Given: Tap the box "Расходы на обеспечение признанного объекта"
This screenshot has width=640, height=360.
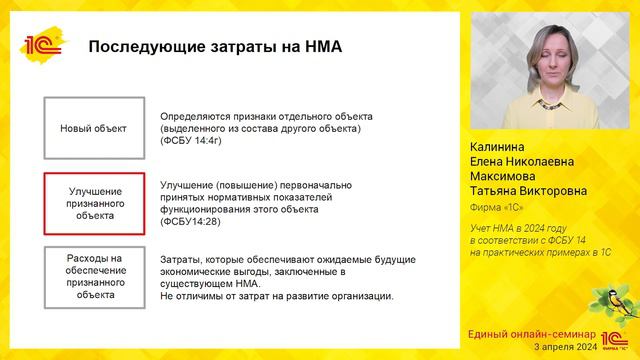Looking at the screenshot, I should pyautogui.click(x=95, y=275).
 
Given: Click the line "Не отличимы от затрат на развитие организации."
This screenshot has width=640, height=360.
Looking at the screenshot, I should pyautogui.click(x=277, y=295).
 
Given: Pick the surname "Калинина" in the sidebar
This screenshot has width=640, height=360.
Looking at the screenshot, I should pyautogui.click(x=497, y=146).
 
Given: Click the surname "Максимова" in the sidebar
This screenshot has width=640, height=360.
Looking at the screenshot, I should pyautogui.click(x=501, y=176).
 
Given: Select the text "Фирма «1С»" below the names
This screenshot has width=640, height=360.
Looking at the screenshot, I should pyautogui.click(x=498, y=209).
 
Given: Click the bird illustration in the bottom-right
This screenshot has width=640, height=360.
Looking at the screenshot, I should pyautogui.click(x=614, y=301).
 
